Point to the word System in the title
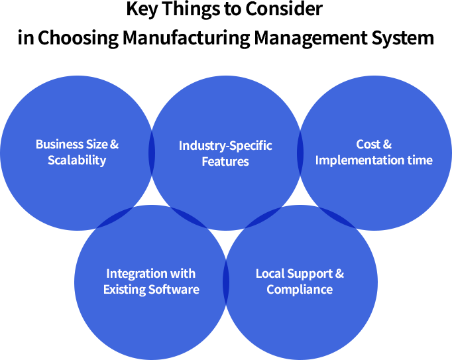[405, 37]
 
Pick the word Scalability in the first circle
[77, 160]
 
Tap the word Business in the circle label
[56, 144]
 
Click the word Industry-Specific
[225, 145]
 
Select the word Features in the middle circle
[225, 161]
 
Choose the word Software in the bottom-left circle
[175, 290]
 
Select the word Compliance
[300, 290]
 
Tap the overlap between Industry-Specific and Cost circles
[300, 153]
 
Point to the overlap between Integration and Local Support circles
[226, 282]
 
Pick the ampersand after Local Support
[339, 273]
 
